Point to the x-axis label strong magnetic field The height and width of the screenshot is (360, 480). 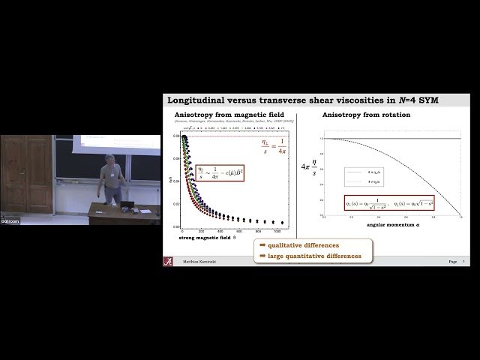point(211,238)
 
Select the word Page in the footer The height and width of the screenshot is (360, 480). point(452,262)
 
